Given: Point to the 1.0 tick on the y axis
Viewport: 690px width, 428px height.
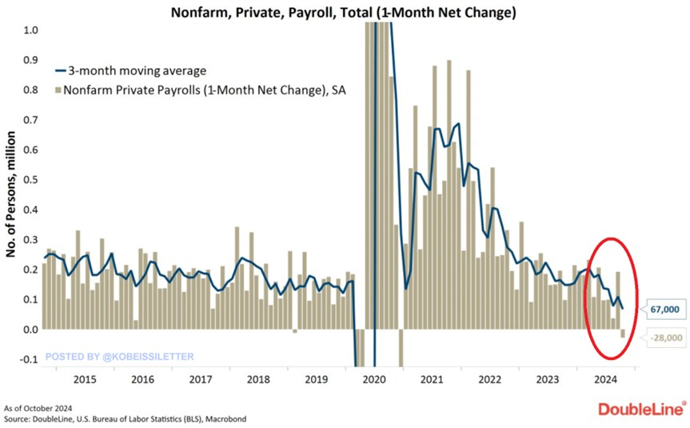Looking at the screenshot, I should click(29, 30).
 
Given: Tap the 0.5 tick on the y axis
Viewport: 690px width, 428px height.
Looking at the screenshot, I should click(29, 179).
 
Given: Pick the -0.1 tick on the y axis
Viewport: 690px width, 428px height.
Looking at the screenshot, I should click(27, 359).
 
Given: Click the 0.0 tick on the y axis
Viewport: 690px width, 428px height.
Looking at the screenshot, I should click(29, 329).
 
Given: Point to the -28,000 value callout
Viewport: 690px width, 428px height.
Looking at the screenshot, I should click(664, 338).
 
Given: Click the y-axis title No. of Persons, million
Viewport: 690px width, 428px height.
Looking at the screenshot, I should click(12, 193).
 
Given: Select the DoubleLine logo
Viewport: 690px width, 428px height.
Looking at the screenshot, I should click(642, 409).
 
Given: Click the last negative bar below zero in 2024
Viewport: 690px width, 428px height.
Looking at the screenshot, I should click(623, 334).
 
